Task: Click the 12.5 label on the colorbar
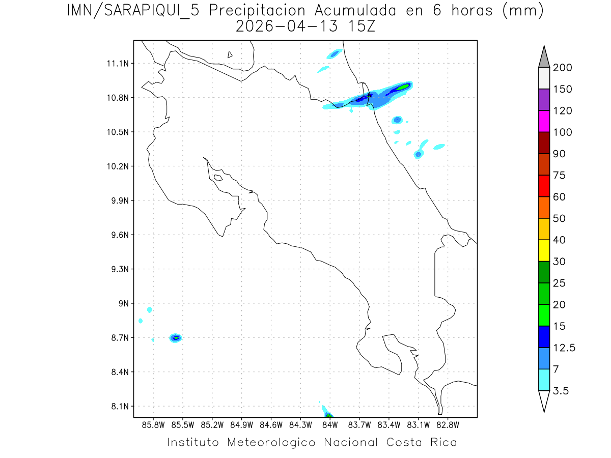click(x=564, y=348)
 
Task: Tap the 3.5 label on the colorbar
click(x=562, y=391)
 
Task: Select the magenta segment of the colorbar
click(x=544, y=122)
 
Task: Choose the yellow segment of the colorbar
click(x=544, y=250)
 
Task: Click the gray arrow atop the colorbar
click(x=544, y=56)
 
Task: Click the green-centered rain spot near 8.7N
click(x=176, y=337)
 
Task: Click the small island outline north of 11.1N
click(x=230, y=54)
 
